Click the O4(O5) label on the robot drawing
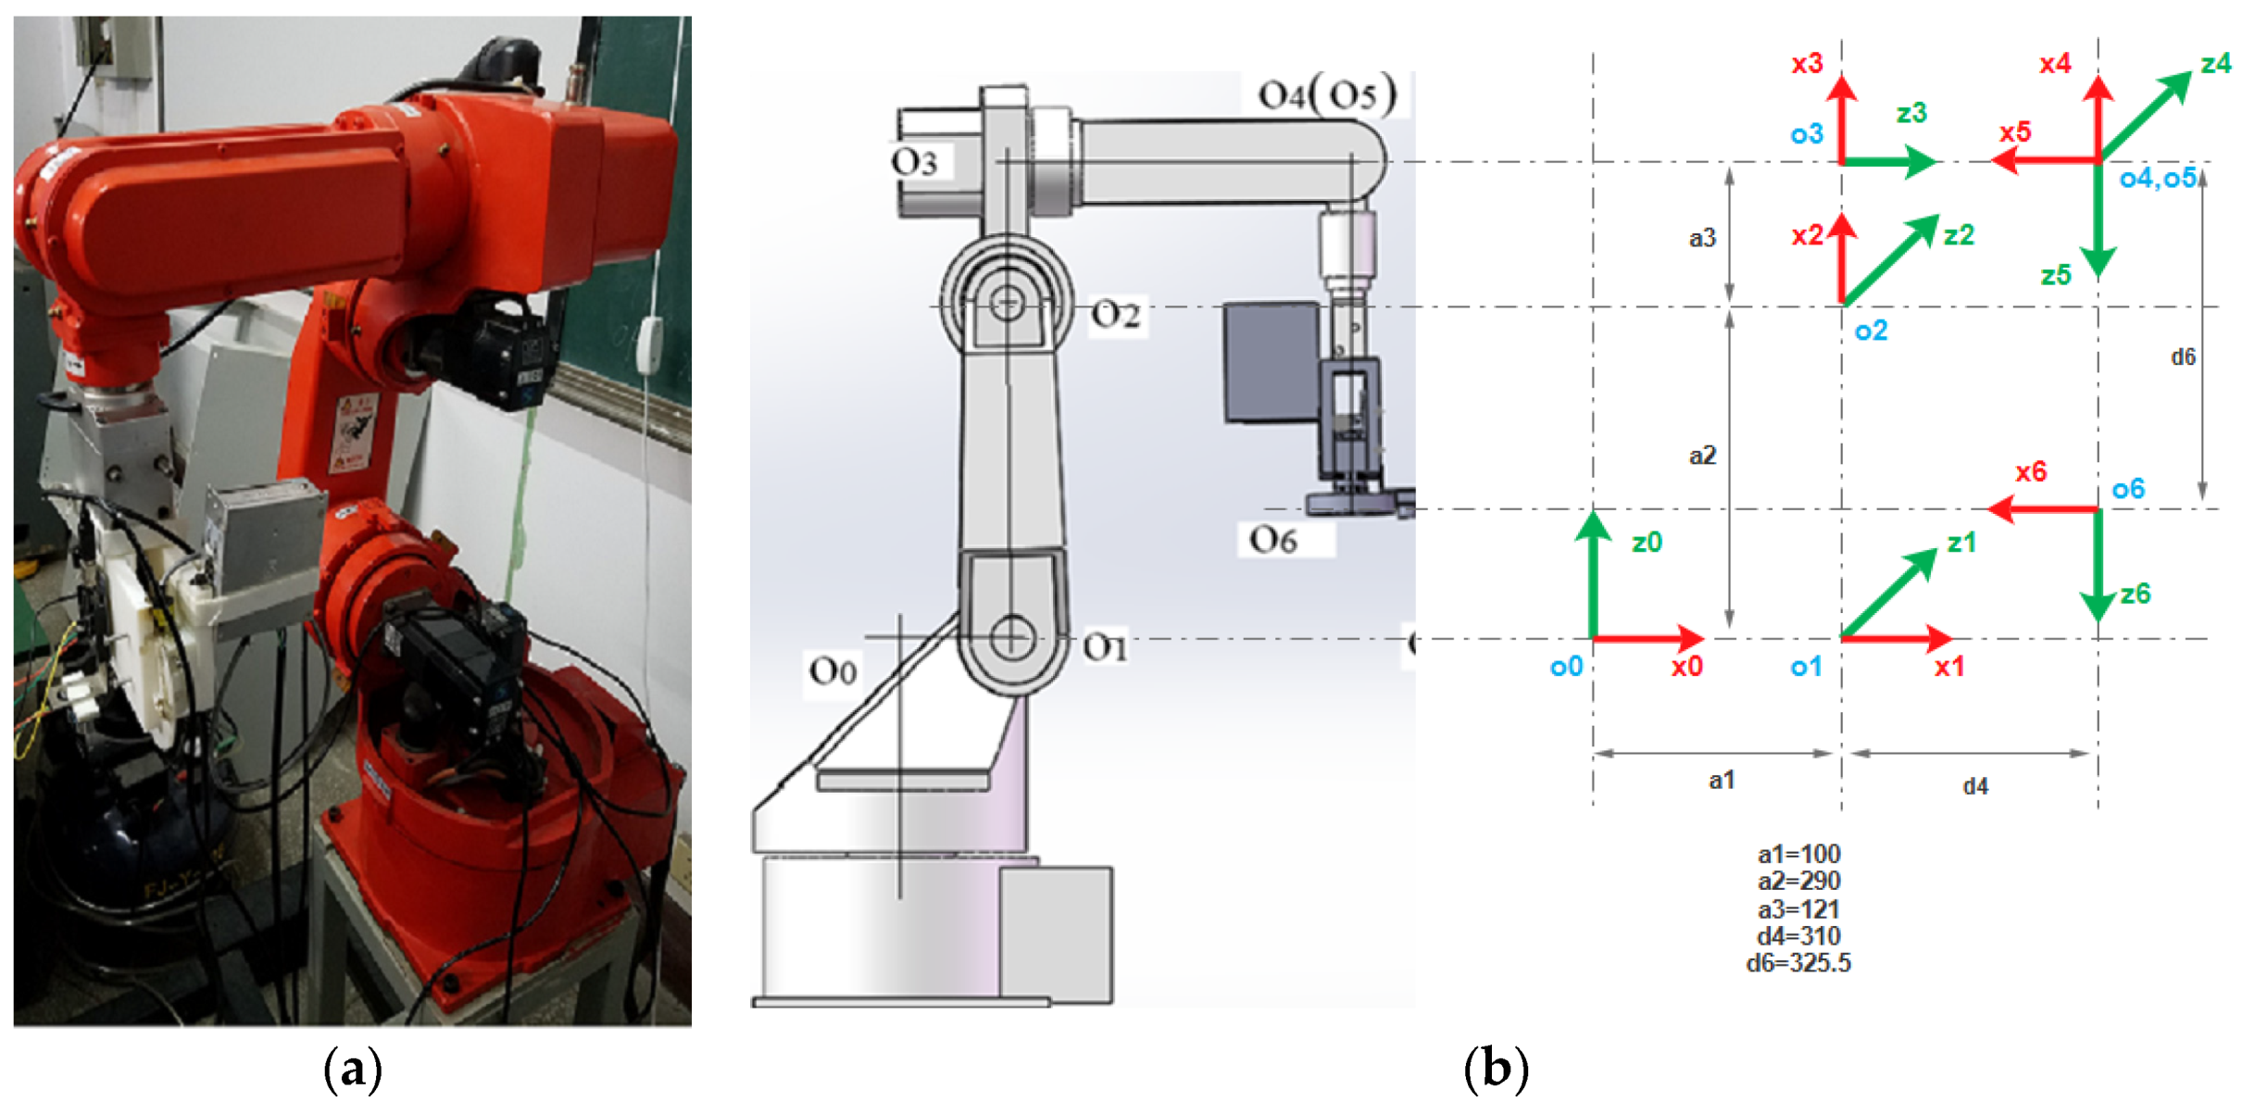tap(1326, 94)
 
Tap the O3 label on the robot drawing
tap(914, 162)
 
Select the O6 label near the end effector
tap(1273, 539)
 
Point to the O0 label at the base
tap(833, 670)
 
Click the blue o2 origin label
tap(1871, 331)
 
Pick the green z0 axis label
tap(1647, 542)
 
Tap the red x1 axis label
tap(1948, 667)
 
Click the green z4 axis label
tap(2216, 63)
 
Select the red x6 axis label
tap(2031, 472)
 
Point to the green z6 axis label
tap(2136, 594)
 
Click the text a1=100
tap(1798, 854)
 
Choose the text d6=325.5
tap(1798, 963)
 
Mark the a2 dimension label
tap(1702, 455)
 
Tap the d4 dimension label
tap(1975, 786)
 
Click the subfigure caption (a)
tap(353, 1070)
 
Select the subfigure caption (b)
tap(1496, 1070)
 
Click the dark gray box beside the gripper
tap(1271, 362)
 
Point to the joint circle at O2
tap(1007, 303)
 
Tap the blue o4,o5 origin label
tap(2158, 178)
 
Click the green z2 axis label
tap(1959, 235)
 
